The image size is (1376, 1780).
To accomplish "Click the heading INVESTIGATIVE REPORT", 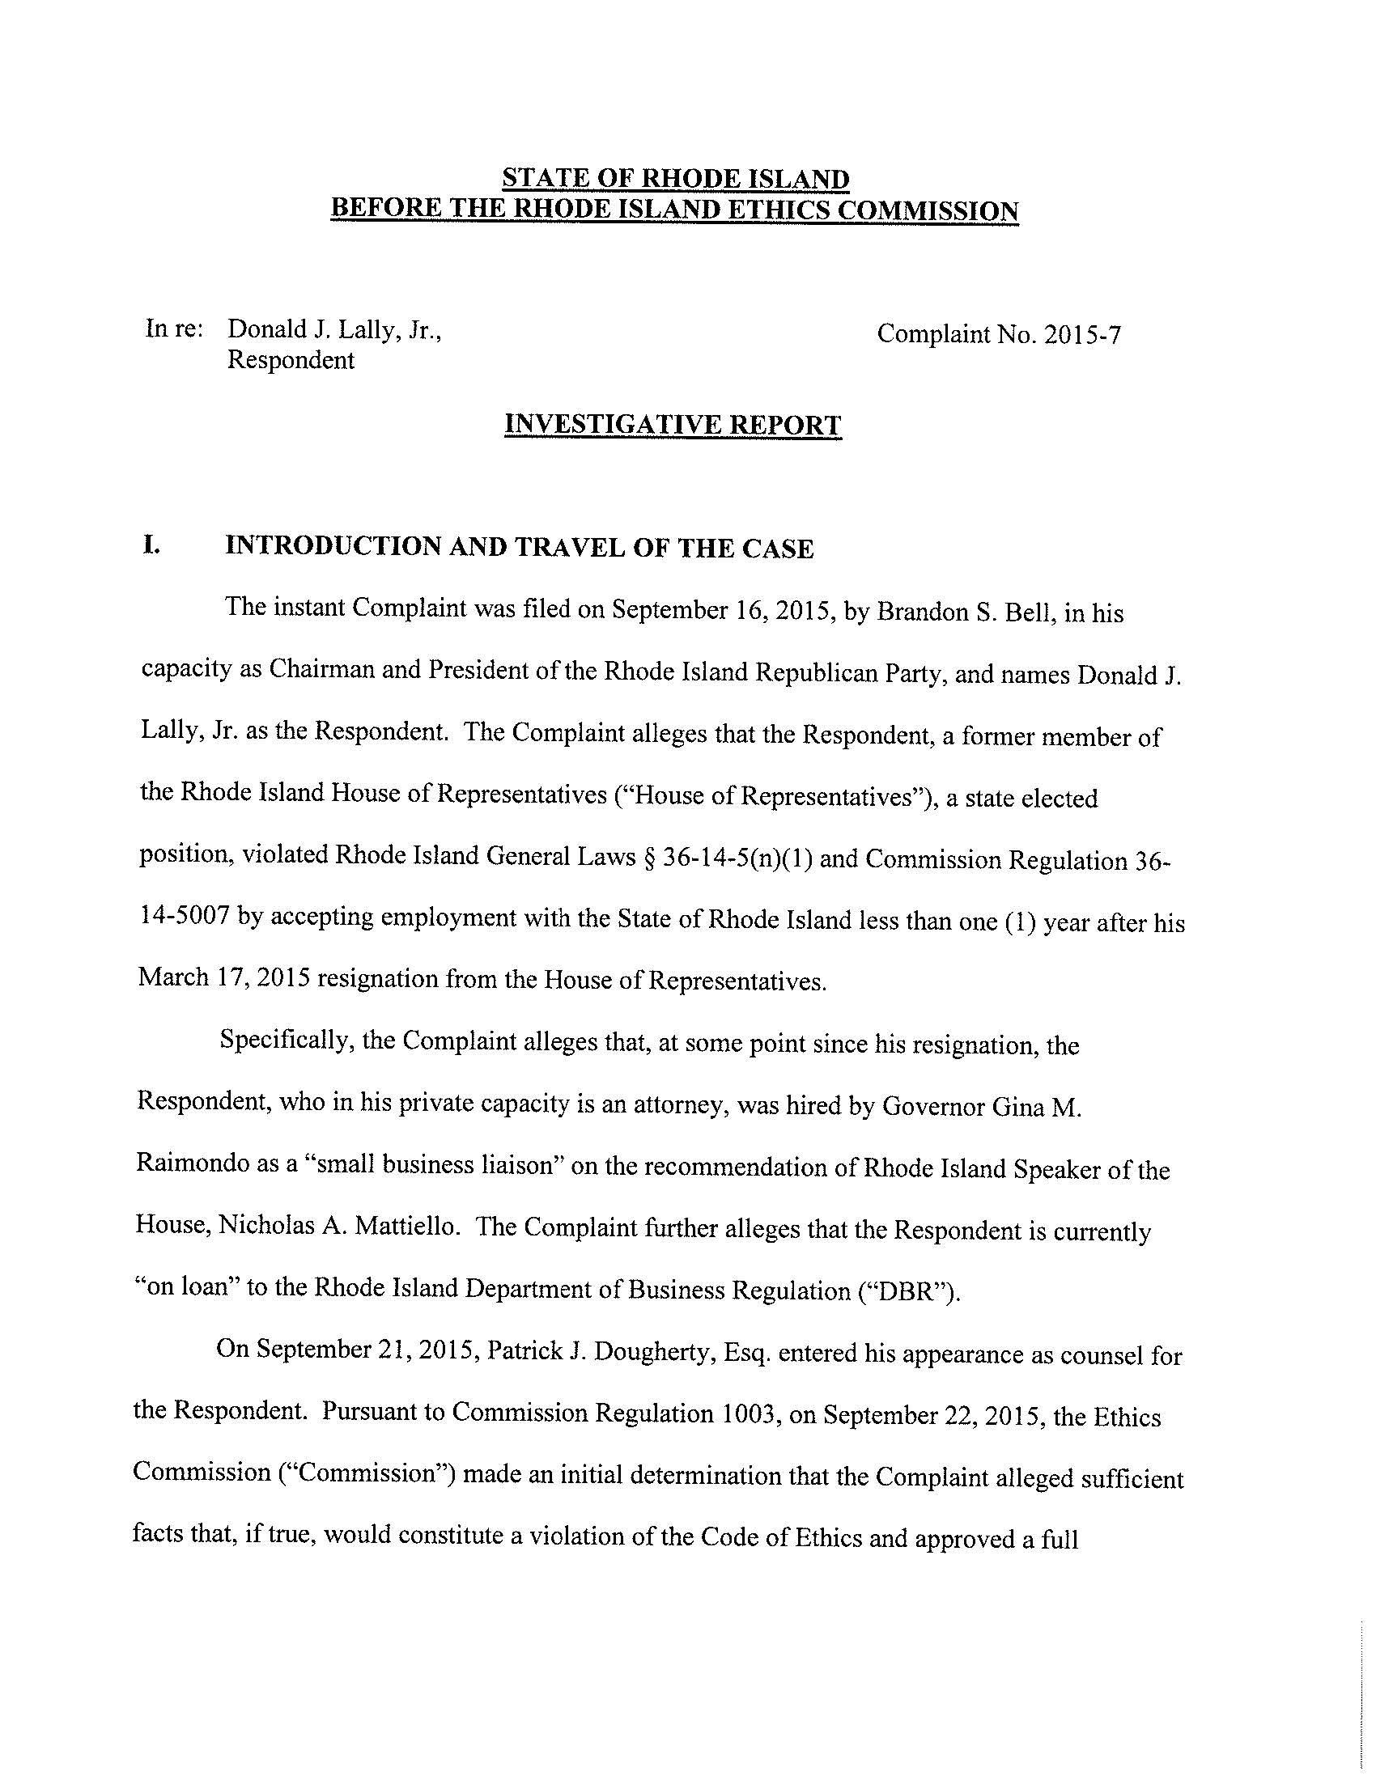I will coord(673,425).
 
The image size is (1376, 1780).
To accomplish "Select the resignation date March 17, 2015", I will coord(223,977).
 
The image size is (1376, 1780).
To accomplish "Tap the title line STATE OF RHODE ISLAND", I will coord(675,179).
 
